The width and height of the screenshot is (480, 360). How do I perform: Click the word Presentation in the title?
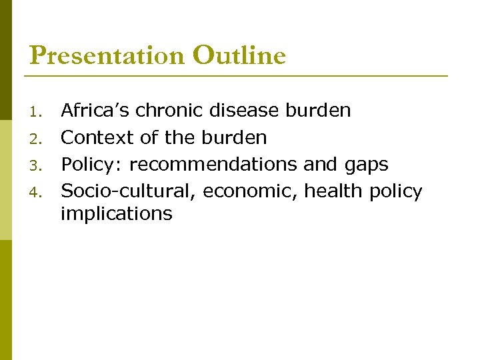pos(107,56)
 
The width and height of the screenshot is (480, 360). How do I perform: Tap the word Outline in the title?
pos(239,55)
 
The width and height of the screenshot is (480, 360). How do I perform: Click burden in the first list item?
pos(319,110)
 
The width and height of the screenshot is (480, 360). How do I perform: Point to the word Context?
pos(98,137)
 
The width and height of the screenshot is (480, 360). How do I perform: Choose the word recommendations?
pos(213,165)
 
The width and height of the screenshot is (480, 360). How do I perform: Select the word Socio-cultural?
pos(129,191)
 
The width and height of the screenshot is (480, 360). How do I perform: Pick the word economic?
pos(250,192)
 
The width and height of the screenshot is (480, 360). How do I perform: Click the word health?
pos(331,191)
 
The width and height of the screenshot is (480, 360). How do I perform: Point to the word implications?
pos(117,213)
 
